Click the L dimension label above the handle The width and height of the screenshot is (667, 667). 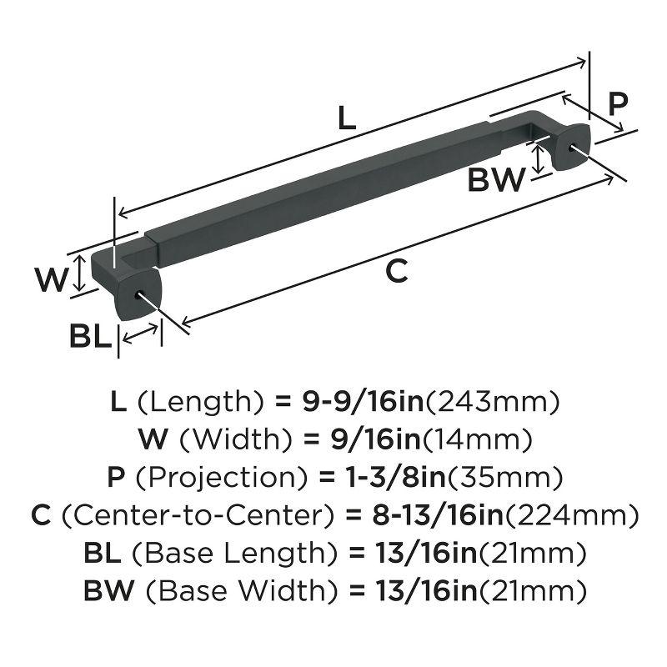347,119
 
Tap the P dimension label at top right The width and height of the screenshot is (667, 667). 617,105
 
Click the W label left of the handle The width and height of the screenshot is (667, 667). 51,278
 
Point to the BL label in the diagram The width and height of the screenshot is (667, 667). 90,337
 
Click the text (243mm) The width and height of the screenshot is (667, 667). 491,402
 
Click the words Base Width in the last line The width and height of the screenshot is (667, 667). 241,591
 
